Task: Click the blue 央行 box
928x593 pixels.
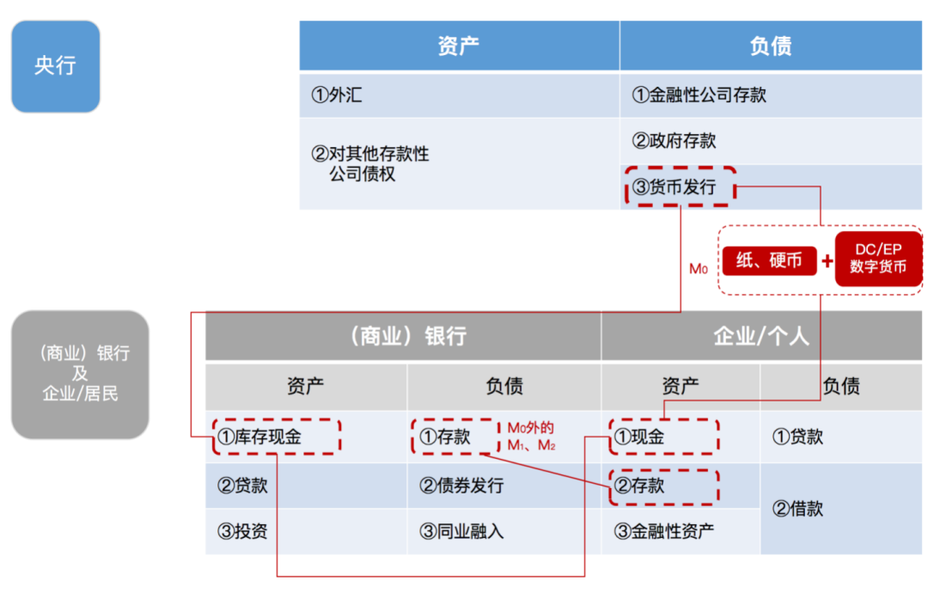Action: (56, 66)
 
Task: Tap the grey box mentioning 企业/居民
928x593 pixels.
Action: (80, 374)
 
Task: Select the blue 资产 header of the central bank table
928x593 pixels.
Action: (459, 46)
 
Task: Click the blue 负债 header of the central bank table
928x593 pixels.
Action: (771, 46)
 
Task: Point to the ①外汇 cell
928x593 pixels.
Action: (459, 95)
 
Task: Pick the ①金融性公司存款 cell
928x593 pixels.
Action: (771, 95)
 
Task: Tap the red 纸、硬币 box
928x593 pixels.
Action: (769, 260)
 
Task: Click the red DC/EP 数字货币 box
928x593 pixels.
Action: (878, 259)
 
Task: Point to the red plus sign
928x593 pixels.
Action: (827, 260)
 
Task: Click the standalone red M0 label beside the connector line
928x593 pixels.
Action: (699, 269)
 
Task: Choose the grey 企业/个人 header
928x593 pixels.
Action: (761, 336)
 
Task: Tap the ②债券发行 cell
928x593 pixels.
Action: (504, 486)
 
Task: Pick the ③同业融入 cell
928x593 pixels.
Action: (504, 531)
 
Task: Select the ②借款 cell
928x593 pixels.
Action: (841, 509)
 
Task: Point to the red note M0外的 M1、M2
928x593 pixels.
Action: (531, 437)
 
